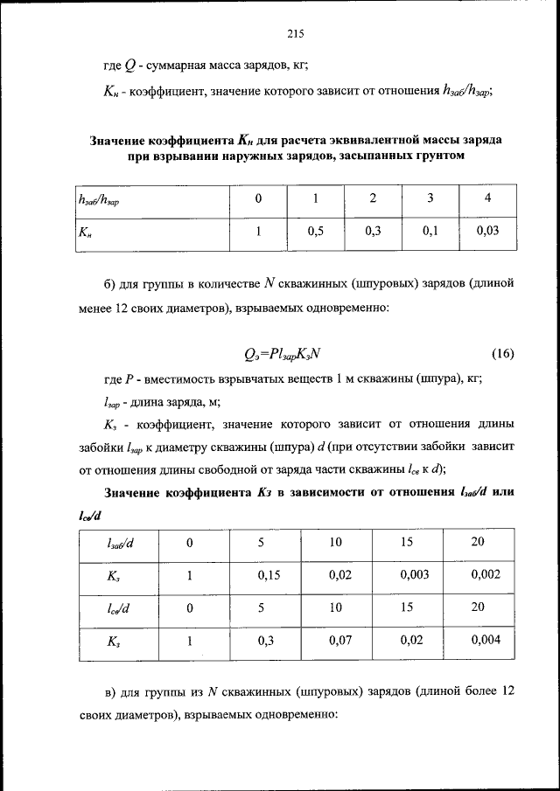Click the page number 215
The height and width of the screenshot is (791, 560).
pos(293,34)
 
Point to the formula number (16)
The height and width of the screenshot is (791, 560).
pos(501,354)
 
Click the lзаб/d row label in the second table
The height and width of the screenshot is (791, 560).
pos(119,543)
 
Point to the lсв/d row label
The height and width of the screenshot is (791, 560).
pos(119,609)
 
